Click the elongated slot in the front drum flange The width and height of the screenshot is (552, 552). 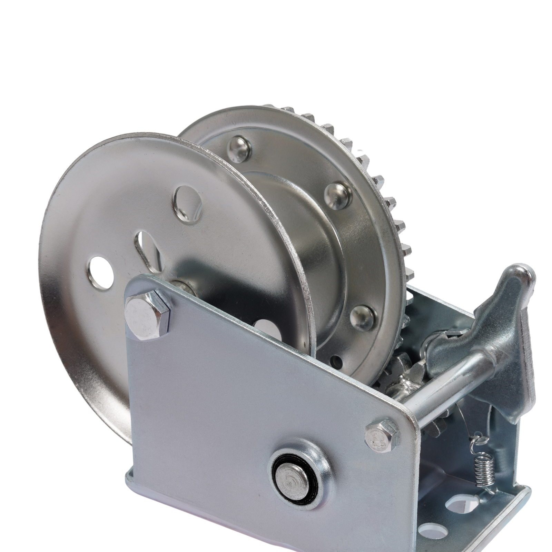coord(145,246)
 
